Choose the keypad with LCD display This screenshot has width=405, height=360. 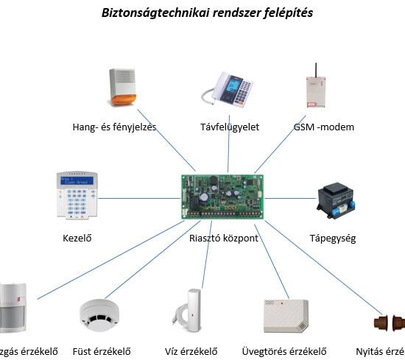(x=76, y=195)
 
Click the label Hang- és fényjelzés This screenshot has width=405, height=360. (x=114, y=127)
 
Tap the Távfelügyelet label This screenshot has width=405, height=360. (x=229, y=127)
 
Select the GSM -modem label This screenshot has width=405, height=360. (x=323, y=127)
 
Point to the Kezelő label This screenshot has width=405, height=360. (x=80, y=239)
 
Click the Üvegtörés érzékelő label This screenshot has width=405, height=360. (x=284, y=351)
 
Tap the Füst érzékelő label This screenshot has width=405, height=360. (x=102, y=351)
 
